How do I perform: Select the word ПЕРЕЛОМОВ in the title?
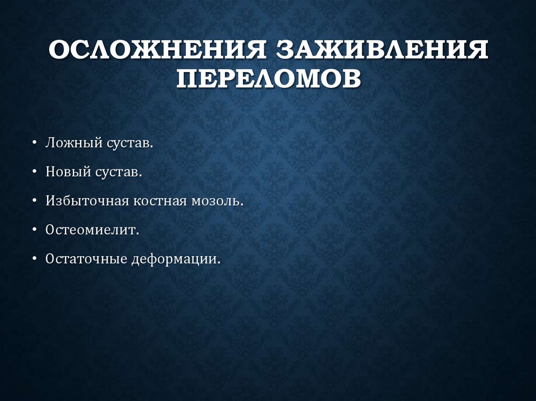[268, 80]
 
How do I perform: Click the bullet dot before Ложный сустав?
[34, 143]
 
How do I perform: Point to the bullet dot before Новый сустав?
[34, 173]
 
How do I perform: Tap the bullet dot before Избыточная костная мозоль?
[34, 201]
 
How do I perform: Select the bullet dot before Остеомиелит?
[34, 231]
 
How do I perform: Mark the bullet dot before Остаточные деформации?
[34, 259]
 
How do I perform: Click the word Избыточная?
[87, 201]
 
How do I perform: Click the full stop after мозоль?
[242, 205]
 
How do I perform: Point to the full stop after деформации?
[219, 263]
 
